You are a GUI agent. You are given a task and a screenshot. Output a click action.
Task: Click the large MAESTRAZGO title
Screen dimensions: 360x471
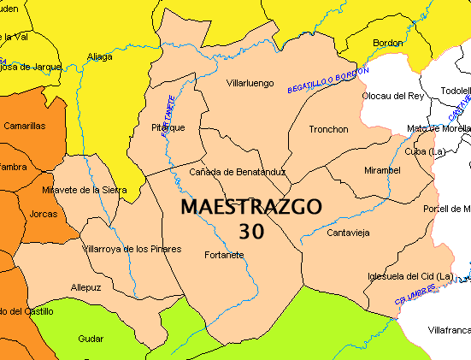coord(251,208)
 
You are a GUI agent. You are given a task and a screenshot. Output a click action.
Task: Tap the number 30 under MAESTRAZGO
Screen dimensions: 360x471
coord(251,231)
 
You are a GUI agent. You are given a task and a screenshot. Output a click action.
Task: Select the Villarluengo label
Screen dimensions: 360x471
coord(250,84)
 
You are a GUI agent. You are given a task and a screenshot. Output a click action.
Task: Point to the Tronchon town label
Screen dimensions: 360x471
coord(329,130)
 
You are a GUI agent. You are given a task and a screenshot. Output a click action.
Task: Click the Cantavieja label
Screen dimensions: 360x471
coord(348,233)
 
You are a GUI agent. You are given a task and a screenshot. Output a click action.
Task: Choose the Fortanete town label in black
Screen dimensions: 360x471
coord(225,255)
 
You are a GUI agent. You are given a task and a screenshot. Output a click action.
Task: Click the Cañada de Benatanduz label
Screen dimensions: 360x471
coord(237,173)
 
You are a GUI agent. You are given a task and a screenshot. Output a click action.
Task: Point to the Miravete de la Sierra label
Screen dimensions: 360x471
coord(84,190)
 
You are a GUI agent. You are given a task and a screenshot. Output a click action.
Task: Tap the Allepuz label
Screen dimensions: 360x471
coord(86,288)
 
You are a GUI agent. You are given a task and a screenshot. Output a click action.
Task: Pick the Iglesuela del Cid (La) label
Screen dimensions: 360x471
coord(409,276)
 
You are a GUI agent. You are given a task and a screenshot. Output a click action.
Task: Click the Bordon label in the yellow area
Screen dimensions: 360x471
coord(387,43)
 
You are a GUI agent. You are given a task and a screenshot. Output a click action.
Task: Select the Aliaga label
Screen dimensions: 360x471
coord(99,57)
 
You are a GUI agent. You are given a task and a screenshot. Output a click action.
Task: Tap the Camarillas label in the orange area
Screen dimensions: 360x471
coord(24,126)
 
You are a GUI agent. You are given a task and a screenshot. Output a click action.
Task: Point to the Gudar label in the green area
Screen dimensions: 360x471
coord(91,339)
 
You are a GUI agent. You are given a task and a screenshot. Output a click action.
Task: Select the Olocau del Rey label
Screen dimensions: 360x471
coord(392,97)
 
